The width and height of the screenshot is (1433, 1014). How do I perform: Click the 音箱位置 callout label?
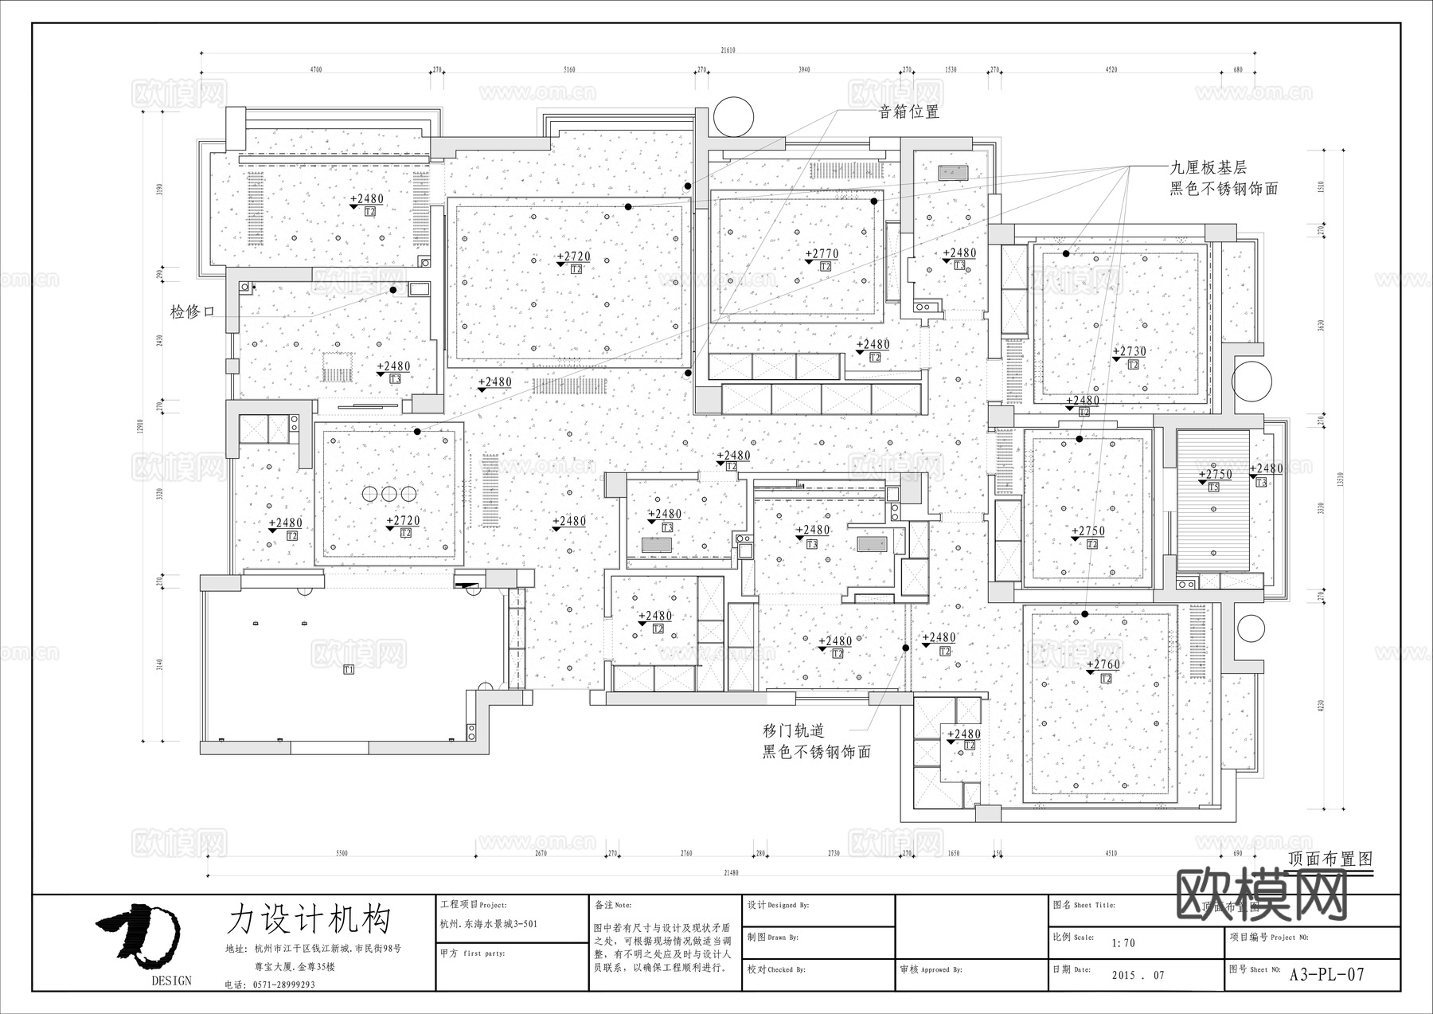[908, 112]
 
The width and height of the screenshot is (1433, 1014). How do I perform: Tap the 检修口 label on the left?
[193, 311]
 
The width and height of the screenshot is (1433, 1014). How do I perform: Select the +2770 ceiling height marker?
[822, 255]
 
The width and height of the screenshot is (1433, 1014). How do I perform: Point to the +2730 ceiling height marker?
[1129, 351]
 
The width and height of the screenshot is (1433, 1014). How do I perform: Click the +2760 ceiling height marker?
[1103, 664]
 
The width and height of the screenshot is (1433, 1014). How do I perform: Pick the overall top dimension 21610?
[728, 50]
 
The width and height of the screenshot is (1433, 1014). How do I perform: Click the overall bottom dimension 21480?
[730, 873]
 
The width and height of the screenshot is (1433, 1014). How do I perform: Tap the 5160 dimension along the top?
[569, 70]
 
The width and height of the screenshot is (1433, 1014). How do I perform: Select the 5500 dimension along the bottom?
[342, 853]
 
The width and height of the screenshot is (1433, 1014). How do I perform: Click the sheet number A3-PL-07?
[1326, 974]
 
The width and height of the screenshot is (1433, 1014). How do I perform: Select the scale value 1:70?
[1123, 943]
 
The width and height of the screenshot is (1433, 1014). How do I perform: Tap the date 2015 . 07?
[1138, 975]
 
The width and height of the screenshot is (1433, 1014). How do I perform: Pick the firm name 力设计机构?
[308, 918]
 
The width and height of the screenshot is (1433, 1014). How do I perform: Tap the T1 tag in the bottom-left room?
[348, 670]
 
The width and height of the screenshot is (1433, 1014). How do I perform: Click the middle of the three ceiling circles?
[389, 494]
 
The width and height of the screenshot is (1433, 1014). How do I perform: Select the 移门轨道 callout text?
[793, 730]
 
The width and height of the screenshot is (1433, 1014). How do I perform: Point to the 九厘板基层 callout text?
[1207, 168]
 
